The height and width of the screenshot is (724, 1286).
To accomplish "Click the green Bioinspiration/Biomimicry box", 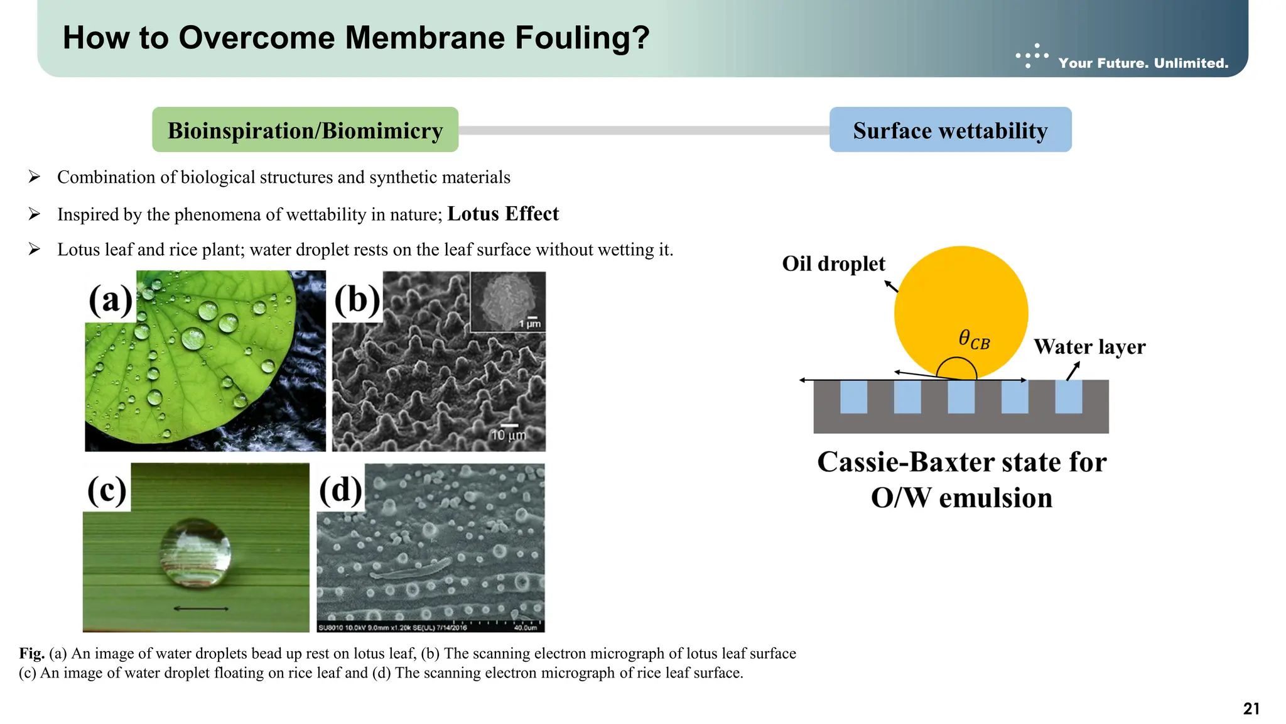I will [305, 130].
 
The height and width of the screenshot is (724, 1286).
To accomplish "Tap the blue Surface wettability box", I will [950, 130].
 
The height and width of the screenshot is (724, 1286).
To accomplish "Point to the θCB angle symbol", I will [974, 340].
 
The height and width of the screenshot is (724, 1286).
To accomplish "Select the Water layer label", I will [1089, 347].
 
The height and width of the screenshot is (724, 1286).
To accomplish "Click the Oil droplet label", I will [833, 264].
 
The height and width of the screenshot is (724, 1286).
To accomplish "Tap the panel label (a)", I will [111, 299].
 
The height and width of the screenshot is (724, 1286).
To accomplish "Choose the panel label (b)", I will [357, 299].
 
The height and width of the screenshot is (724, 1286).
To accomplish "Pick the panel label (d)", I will [340, 490].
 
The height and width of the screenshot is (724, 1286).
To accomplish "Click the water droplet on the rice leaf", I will [195, 552].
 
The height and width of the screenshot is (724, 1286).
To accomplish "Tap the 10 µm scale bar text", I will [508, 435].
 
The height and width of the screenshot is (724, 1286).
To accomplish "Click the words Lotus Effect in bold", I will [503, 214].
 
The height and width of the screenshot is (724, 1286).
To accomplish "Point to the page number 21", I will [1251, 709].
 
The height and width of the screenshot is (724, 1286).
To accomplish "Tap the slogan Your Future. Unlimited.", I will [1143, 63].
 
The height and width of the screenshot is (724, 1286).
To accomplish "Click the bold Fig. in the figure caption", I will [31, 654].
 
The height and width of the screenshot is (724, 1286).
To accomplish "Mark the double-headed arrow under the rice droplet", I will [200, 608].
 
